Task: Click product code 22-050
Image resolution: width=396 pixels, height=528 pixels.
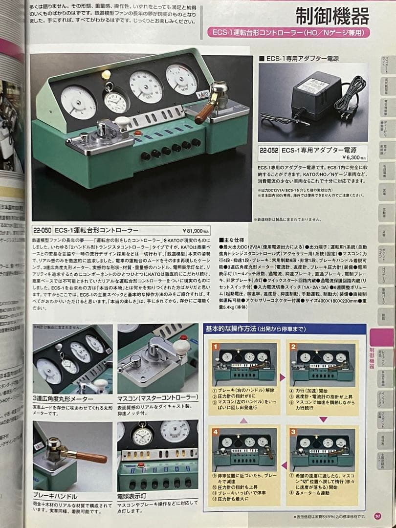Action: coord(43,230)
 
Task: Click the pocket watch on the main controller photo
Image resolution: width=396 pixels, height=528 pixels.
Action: coord(115,101)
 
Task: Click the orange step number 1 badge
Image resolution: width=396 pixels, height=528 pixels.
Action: coord(216,347)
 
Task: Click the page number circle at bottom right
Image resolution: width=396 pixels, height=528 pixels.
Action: coord(377,515)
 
